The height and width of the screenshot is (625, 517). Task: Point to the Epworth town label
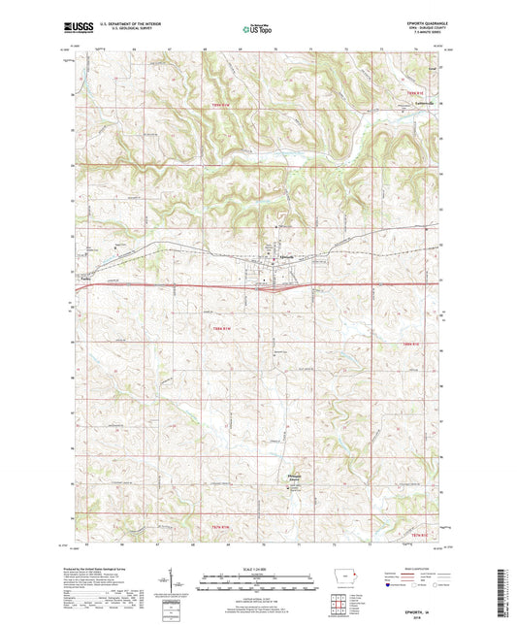(x=286, y=255)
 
